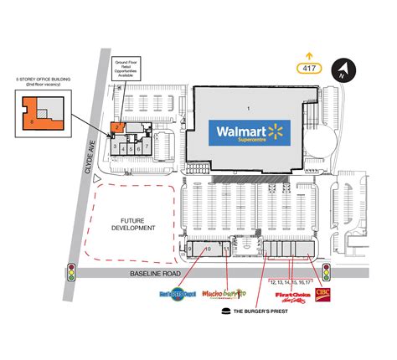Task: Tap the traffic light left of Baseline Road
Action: click(72, 271)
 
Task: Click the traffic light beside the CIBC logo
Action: click(326, 271)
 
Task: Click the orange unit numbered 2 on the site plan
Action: click(119, 127)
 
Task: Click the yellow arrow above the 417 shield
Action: click(310, 52)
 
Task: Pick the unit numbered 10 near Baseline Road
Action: click(207, 249)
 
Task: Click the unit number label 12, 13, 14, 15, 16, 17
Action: click(290, 282)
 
